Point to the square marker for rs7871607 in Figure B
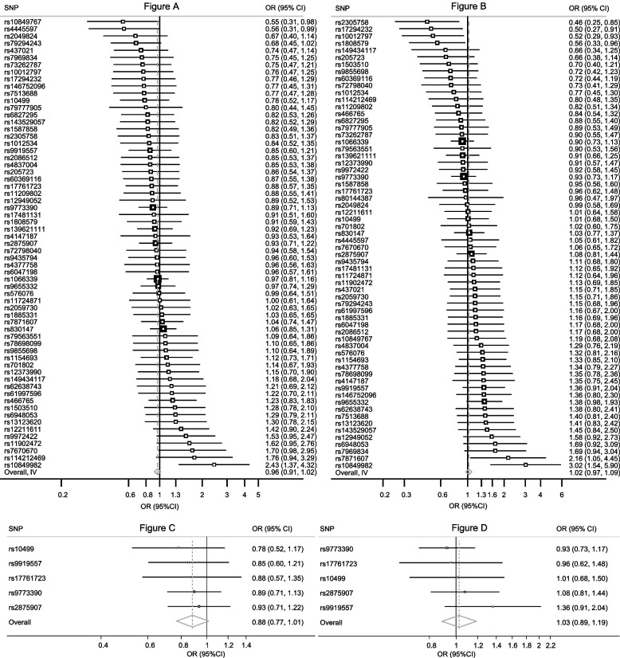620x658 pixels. [508, 457]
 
